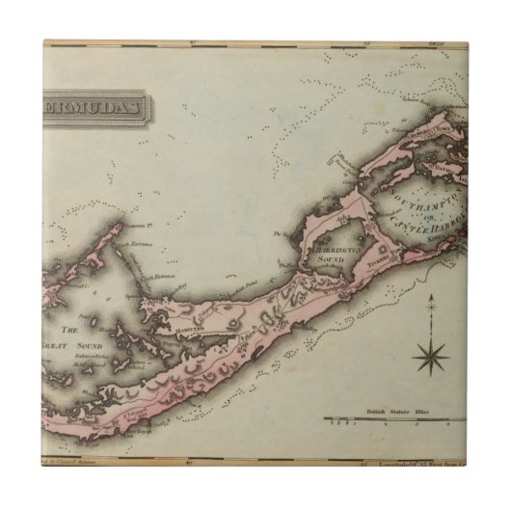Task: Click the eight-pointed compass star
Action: pos(430,358)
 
